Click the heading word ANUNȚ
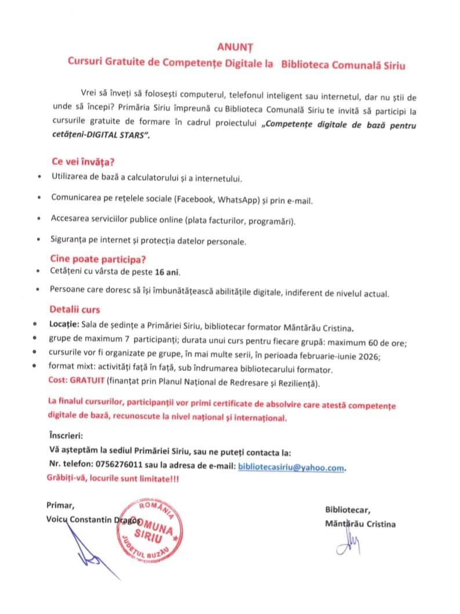pyautogui.click(x=231, y=46)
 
